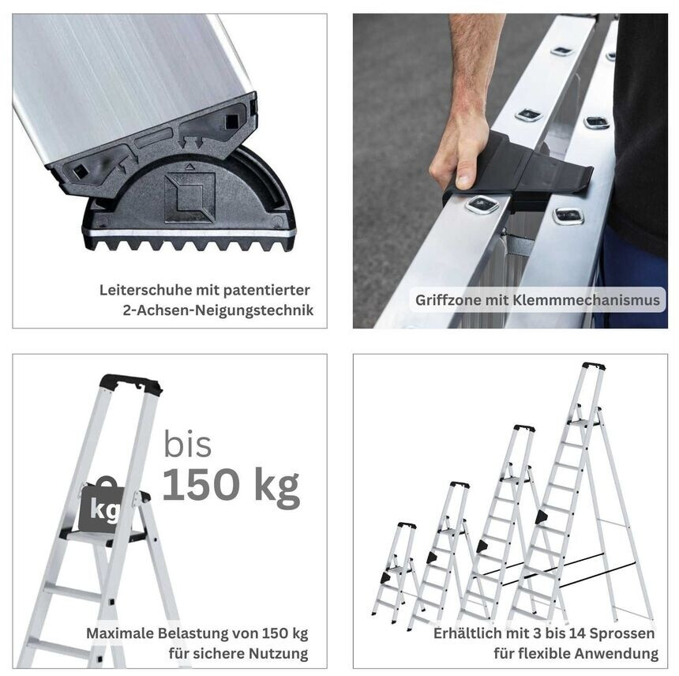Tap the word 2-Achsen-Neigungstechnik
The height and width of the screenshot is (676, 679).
[x=218, y=310]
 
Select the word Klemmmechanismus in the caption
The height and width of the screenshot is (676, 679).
[x=587, y=300]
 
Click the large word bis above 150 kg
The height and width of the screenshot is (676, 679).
[x=187, y=444]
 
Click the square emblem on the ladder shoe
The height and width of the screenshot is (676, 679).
[x=189, y=197]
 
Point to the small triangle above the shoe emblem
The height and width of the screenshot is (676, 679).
[x=189, y=166]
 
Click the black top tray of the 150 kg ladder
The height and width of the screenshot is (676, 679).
[x=131, y=384]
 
